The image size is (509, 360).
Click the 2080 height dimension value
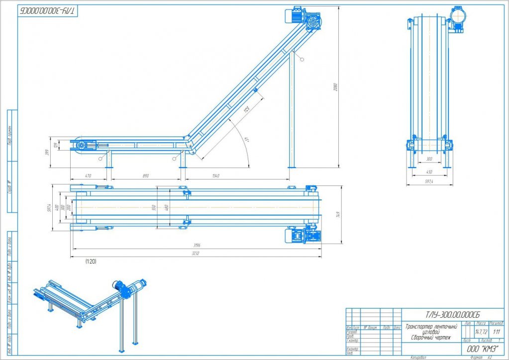[336, 88]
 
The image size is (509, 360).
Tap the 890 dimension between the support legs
[145, 176]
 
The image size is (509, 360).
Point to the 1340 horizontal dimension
[215, 176]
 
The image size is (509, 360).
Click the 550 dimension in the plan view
[154, 207]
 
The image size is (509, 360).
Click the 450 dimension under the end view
[428, 172]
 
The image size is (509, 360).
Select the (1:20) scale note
[91, 261]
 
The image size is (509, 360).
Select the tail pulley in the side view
[80, 145]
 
